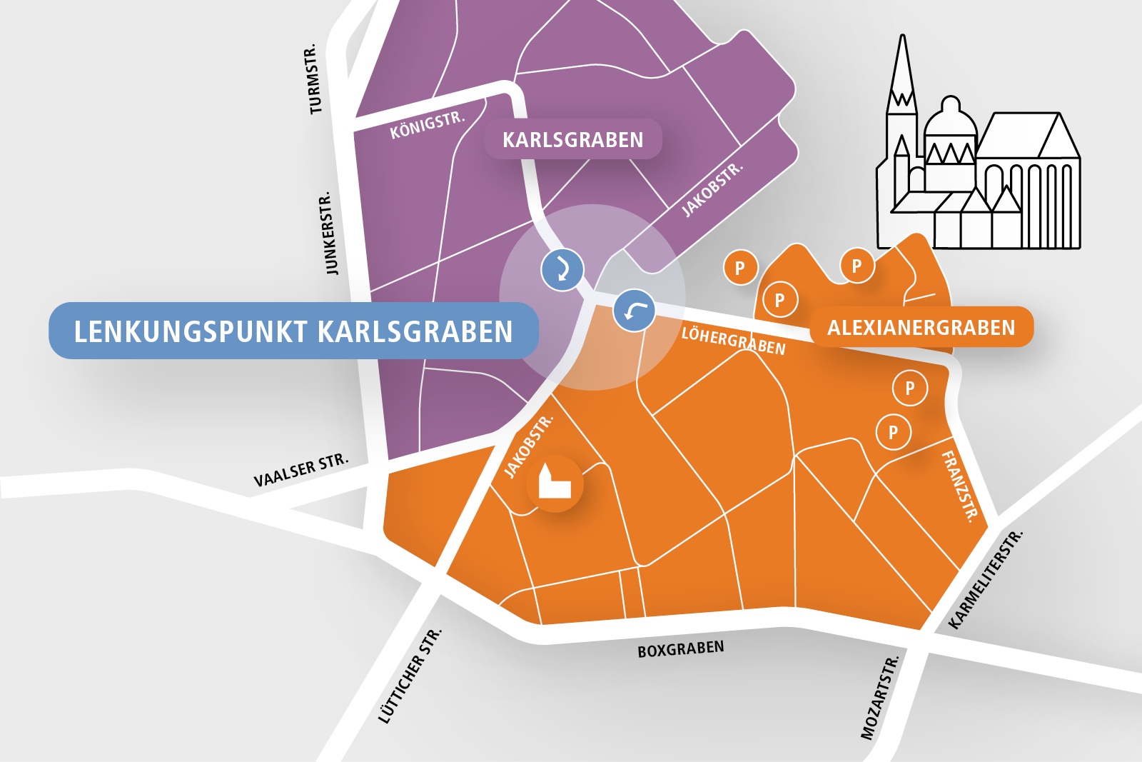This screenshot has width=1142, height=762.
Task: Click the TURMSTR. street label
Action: coord(313,80)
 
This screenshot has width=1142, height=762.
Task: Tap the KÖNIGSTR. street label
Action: coord(427,125)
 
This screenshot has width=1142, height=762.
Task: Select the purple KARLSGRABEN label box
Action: coord(572,139)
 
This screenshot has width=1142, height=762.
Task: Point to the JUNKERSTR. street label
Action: coord(329,233)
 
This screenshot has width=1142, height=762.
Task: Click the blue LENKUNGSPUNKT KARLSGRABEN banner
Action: coord(293,331)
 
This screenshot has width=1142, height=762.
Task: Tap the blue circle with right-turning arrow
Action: coord(562,269)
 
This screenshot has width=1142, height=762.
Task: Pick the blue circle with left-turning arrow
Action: coord(634,311)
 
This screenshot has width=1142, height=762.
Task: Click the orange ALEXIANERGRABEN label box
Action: coord(921,328)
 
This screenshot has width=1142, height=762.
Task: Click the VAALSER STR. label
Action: coord(301,470)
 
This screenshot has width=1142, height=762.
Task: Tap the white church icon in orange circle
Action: coord(555,483)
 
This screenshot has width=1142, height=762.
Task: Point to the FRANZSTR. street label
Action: coord(960,486)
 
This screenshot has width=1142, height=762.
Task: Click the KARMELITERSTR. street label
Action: coord(986,580)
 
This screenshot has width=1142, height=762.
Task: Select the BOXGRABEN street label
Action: coord(680,648)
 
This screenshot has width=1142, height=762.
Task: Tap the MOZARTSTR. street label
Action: coord(879,698)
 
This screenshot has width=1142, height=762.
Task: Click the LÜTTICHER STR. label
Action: coord(410,676)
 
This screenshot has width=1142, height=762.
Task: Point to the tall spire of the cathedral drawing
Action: coord(903,71)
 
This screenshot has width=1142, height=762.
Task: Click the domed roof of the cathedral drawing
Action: coord(950,118)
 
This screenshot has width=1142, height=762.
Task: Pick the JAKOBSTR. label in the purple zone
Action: coord(712,190)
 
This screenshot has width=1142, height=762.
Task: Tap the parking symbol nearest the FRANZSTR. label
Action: coord(893,432)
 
